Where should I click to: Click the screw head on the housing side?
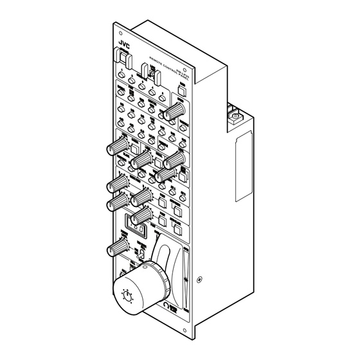pos(201,280)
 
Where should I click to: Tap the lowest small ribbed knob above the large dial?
pos(119,248)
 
